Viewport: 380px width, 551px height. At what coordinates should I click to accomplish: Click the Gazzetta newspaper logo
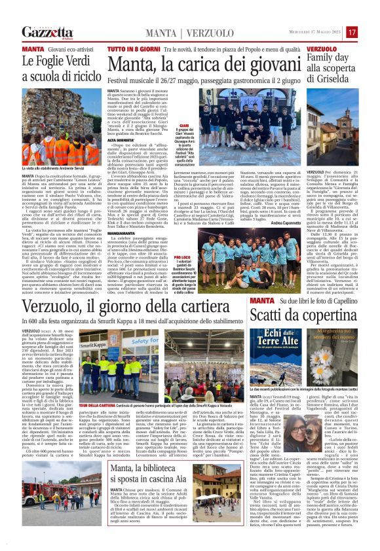point(47,32)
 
